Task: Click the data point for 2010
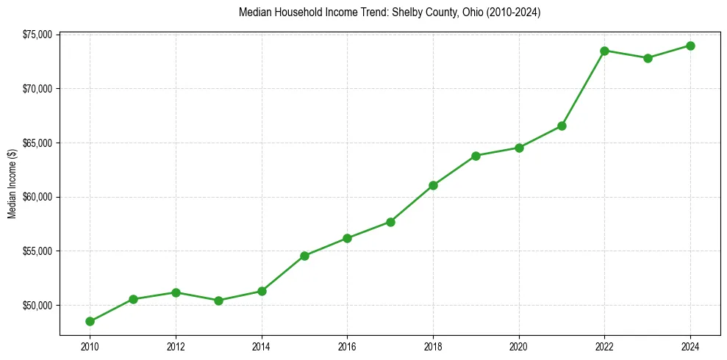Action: click(90, 321)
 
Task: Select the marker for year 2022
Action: click(604, 51)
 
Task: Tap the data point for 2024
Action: click(690, 46)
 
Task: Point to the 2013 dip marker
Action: click(218, 300)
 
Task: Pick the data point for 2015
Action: click(304, 256)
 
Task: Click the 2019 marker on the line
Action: click(476, 156)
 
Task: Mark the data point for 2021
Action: click(562, 126)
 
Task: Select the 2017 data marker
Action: click(390, 222)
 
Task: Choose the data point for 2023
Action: click(648, 58)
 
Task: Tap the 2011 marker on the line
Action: click(133, 299)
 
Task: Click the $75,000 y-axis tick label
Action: click(37, 35)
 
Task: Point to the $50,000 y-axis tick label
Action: click(37, 305)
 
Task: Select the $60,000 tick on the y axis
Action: click(37, 197)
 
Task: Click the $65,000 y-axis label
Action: click(37, 143)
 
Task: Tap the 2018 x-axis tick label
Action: click(433, 346)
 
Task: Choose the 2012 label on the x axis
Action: click(176, 346)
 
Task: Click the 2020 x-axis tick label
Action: click(519, 346)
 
